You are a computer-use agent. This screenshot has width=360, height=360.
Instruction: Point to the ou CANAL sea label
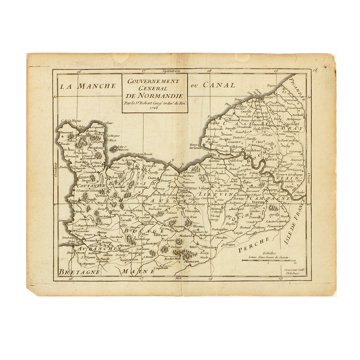pos(213,85)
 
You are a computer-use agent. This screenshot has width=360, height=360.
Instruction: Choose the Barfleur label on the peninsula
pos(106,123)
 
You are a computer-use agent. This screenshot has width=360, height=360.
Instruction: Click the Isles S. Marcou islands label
pos(122,148)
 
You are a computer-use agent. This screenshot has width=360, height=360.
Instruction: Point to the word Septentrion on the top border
pos(171,71)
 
